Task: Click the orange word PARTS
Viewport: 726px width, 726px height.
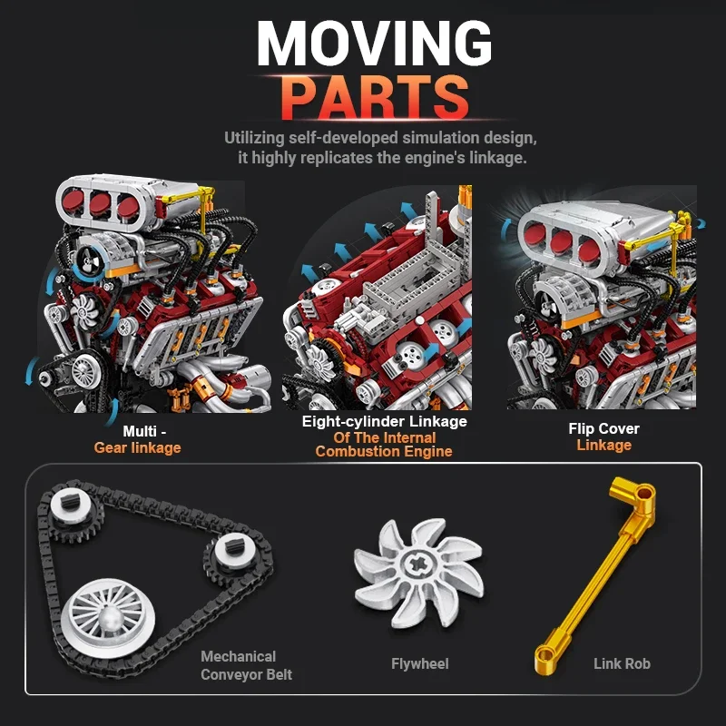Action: pos(374,97)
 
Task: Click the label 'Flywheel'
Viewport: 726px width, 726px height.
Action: pos(419,663)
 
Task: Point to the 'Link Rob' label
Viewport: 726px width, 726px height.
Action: pos(622,663)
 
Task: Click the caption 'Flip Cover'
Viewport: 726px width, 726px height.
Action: pos(603,428)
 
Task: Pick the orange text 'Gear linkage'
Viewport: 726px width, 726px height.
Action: pos(137,447)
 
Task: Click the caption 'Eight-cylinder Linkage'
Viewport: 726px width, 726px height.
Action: pos(384,421)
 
